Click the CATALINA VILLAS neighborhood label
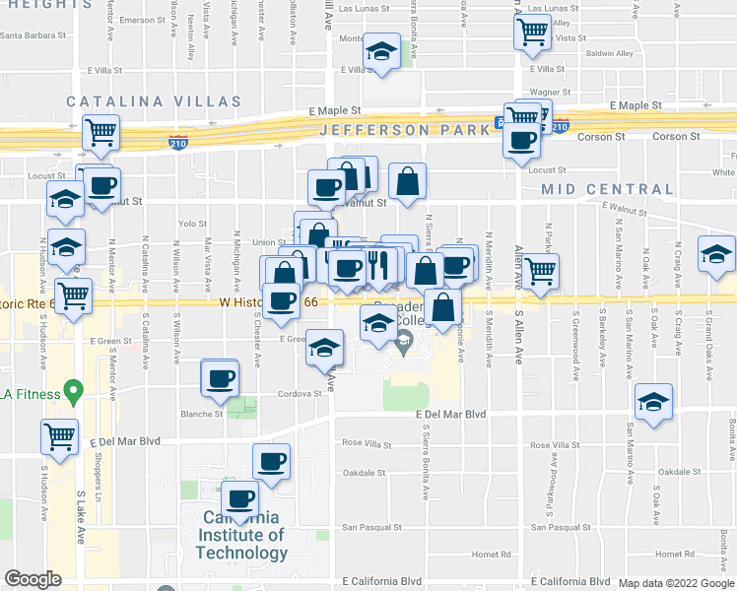pyautogui.click(x=154, y=101)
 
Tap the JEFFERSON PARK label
pyautogui.click(x=403, y=130)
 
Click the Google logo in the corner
pyautogui.click(x=33, y=579)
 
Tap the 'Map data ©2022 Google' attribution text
pyautogui.click(x=677, y=584)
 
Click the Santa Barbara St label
pyautogui.click(x=33, y=37)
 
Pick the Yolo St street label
pyautogui.click(x=192, y=224)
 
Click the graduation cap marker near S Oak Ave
pyautogui.click(x=653, y=402)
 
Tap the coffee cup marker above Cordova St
pyautogui.click(x=220, y=377)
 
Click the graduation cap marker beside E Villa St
pyautogui.click(x=378, y=53)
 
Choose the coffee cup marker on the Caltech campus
pyautogui.click(x=240, y=498)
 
